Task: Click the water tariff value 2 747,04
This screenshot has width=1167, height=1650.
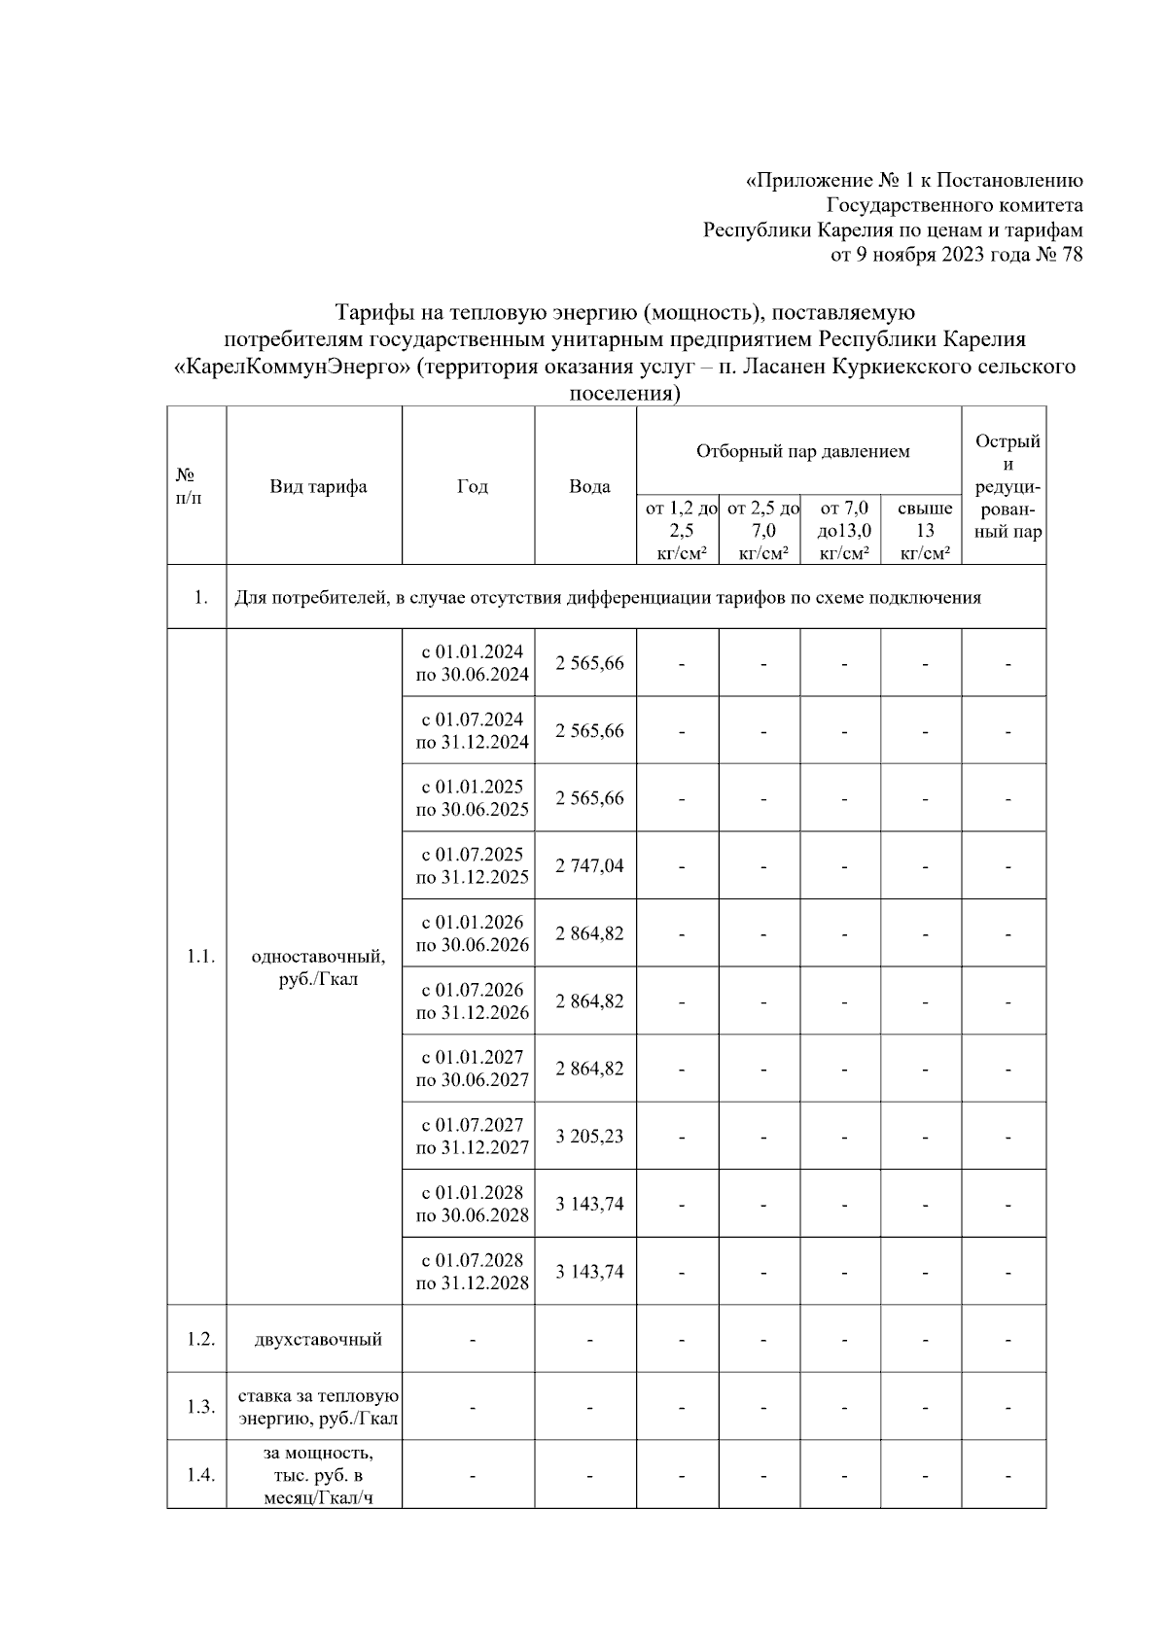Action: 589,865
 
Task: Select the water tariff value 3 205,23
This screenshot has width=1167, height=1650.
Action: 589,1136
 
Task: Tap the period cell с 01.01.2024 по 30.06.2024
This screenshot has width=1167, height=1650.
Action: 473,663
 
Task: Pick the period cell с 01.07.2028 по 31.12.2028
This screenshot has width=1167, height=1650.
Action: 473,1272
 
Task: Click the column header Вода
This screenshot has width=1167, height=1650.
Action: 589,486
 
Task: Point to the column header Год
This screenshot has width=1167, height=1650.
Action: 473,486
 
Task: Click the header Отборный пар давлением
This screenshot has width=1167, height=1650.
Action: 802,451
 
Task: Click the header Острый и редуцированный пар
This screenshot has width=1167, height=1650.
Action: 1008,486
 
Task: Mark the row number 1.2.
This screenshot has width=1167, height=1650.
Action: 200,1339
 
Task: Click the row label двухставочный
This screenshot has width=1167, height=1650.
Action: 318,1340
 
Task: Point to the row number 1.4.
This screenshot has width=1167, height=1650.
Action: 200,1475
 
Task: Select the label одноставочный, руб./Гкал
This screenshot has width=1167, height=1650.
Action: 318,967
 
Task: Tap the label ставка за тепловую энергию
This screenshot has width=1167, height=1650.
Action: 318,1407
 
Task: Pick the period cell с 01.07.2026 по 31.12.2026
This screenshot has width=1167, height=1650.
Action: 473,1001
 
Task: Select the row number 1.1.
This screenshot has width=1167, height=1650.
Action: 200,957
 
